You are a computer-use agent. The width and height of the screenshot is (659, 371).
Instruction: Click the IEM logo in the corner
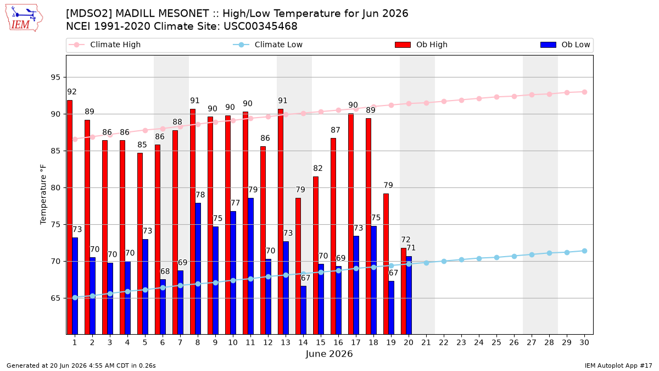[24, 18]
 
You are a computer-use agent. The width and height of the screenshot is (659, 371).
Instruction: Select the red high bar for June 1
[70, 217]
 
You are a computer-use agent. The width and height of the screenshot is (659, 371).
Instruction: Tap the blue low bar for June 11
[250, 266]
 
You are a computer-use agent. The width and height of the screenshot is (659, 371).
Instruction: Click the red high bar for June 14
[298, 266]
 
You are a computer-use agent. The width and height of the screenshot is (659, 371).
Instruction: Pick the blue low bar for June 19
[391, 308]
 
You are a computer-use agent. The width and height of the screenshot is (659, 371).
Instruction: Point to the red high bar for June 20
[404, 291]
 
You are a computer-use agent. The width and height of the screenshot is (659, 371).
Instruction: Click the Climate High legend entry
[104, 45]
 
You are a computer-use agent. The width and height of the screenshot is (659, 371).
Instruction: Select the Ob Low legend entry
[565, 45]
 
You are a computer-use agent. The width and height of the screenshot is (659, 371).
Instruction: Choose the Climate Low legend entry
[268, 45]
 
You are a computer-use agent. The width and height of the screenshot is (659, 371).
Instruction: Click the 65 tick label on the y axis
[55, 298]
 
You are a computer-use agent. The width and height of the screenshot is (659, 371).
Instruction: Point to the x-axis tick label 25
[496, 343]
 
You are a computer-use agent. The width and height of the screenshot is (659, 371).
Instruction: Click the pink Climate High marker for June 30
[584, 92]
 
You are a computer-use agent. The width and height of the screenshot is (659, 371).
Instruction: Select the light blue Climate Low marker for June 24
[479, 258]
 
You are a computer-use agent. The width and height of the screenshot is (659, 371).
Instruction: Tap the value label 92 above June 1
[72, 92]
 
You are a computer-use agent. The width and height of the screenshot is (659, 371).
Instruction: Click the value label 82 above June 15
[318, 168]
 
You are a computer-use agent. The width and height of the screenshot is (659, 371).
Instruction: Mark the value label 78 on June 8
[200, 195]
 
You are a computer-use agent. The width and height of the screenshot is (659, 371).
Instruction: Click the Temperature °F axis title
[43, 195]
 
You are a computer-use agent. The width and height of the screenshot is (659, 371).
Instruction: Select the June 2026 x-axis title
[329, 353]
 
